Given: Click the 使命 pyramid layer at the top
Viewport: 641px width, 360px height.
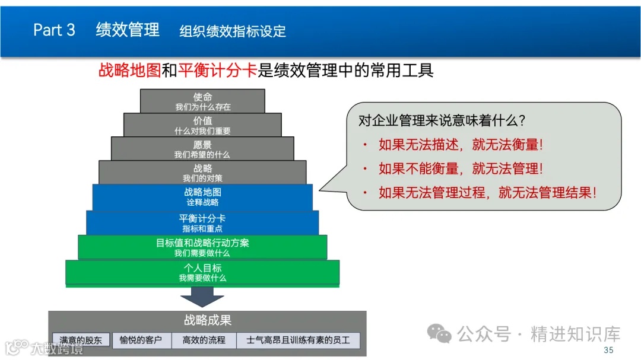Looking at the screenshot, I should pyautogui.click(x=202, y=101).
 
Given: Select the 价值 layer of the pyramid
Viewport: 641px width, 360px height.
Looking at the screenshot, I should pyautogui.click(x=202, y=125).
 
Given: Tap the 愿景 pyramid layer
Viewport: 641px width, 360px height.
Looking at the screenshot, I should pyautogui.click(x=202, y=149).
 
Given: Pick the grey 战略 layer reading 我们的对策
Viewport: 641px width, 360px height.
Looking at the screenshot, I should pyautogui.click(x=202, y=173).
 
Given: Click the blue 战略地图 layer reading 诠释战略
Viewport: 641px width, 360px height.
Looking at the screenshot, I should pyautogui.click(x=202, y=197).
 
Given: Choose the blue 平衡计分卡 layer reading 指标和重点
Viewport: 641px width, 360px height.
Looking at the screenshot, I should pyautogui.click(x=202, y=222).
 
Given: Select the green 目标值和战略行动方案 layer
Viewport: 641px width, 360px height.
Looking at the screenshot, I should pyautogui.click(x=202, y=247).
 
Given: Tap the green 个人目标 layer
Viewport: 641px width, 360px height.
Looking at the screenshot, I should pyautogui.click(x=202, y=272).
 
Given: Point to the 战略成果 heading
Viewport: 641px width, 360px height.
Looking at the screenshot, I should pyautogui.click(x=207, y=321).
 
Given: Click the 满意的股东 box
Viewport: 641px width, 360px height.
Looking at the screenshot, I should pyautogui.click(x=81, y=340).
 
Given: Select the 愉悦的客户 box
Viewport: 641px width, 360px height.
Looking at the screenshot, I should pyautogui.click(x=141, y=340).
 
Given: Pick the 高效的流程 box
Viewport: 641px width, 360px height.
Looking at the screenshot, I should pyautogui.click(x=204, y=340).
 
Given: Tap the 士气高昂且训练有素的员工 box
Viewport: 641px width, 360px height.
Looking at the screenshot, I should pyautogui.click(x=298, y=340).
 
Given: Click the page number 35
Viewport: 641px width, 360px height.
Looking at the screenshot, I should pyautogui.click(x=608, y=351).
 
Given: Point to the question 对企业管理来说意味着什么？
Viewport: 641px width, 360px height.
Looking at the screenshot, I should pyautogui.click(x=442, y=120).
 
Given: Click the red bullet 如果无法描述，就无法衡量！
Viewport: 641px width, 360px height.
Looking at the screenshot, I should pyautogui.click(x=461, y=145).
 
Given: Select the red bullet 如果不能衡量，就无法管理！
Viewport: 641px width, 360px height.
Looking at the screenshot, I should pyautogui.click(x=461, y=169).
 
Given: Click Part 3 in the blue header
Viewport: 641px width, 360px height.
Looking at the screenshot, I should pyautogui.click(x=54, y=30).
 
